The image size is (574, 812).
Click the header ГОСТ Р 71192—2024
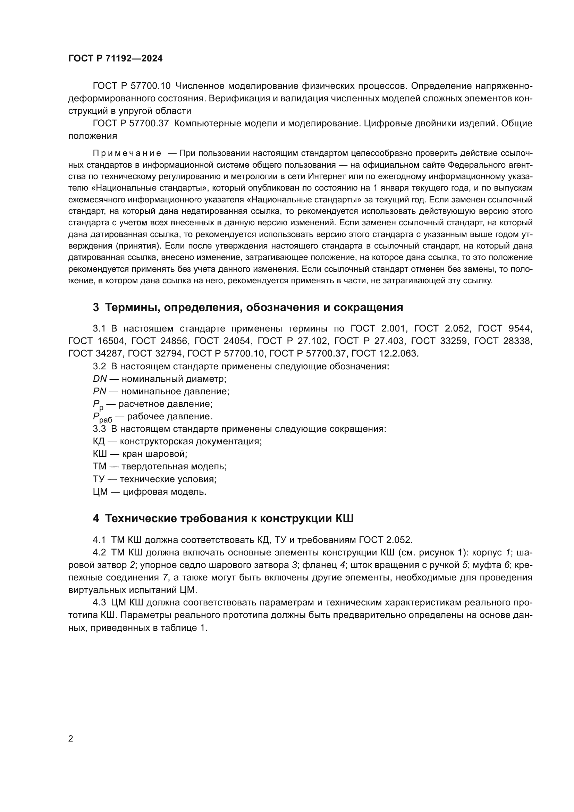pos(115,59)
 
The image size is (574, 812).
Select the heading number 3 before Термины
pos(96,307)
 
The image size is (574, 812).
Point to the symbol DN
pos(100,379)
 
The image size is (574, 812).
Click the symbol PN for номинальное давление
pos(100,391)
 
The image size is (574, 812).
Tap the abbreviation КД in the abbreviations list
pos(99,441)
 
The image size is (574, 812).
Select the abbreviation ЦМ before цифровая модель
pos(100,492)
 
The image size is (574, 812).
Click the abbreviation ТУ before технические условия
pos(99,479)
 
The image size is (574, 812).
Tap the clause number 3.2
pos(99,366)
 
